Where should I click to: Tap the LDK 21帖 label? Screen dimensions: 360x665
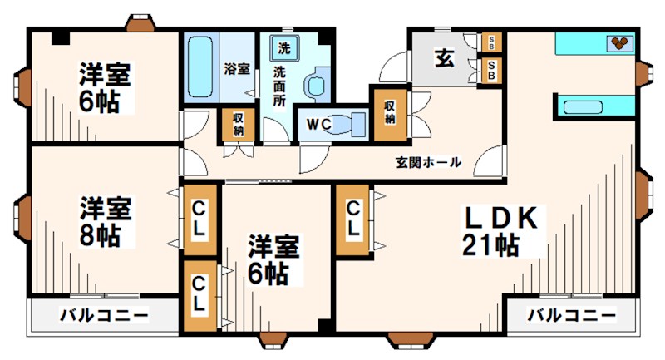coord(503,232)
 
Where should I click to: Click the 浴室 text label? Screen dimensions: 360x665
coord(237,69)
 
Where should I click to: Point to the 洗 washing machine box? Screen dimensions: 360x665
coord(284,47)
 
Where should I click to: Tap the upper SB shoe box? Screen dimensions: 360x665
coord(492,42)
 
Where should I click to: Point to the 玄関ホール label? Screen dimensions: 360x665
coord(427,162)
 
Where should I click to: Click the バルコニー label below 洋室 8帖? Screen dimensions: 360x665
coord(104,316)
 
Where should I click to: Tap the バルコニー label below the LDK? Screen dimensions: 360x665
coord(573,316)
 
